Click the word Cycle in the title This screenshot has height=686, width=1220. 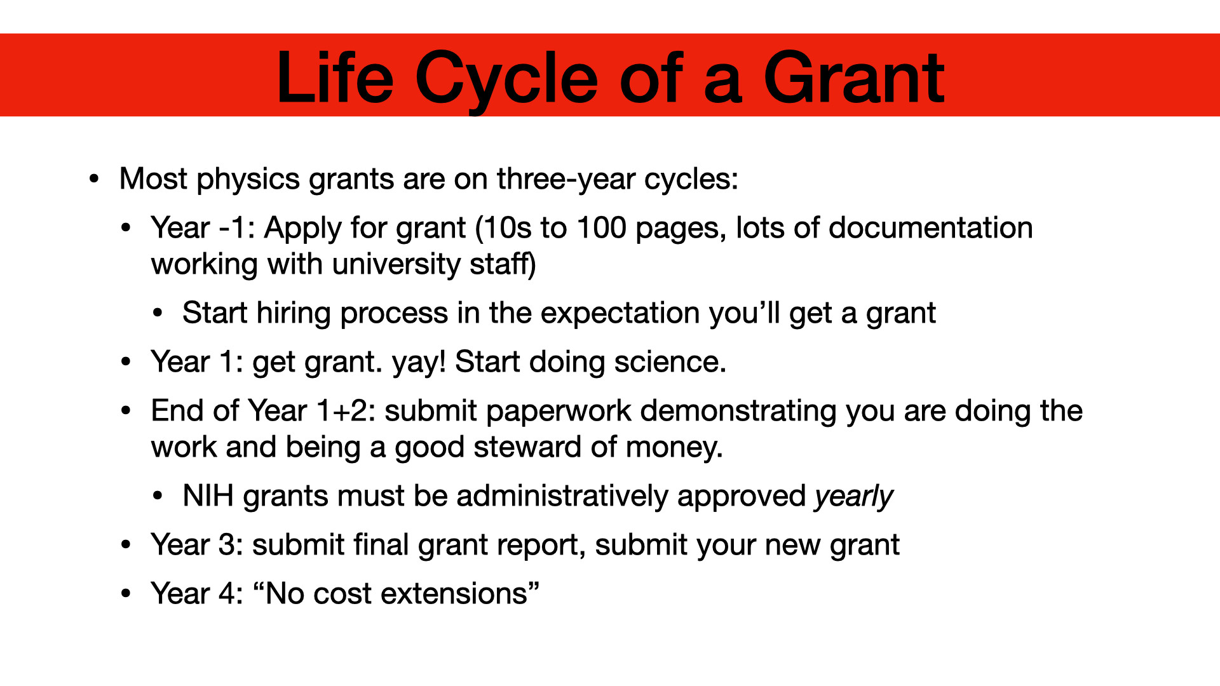tap(506, 79)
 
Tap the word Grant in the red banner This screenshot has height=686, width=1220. tap(854, 77)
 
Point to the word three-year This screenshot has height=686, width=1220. tap(566, 180)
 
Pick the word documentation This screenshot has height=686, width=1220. tap(930, 227)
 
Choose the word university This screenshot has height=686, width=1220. tap(395, 265)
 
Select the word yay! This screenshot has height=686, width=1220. tap(419, 363)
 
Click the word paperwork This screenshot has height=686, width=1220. tap(559, 412)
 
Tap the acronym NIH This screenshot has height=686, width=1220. tap(208, 496)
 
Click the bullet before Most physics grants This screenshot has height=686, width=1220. tap(95, 179)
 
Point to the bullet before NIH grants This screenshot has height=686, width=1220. tap(158, 497)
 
